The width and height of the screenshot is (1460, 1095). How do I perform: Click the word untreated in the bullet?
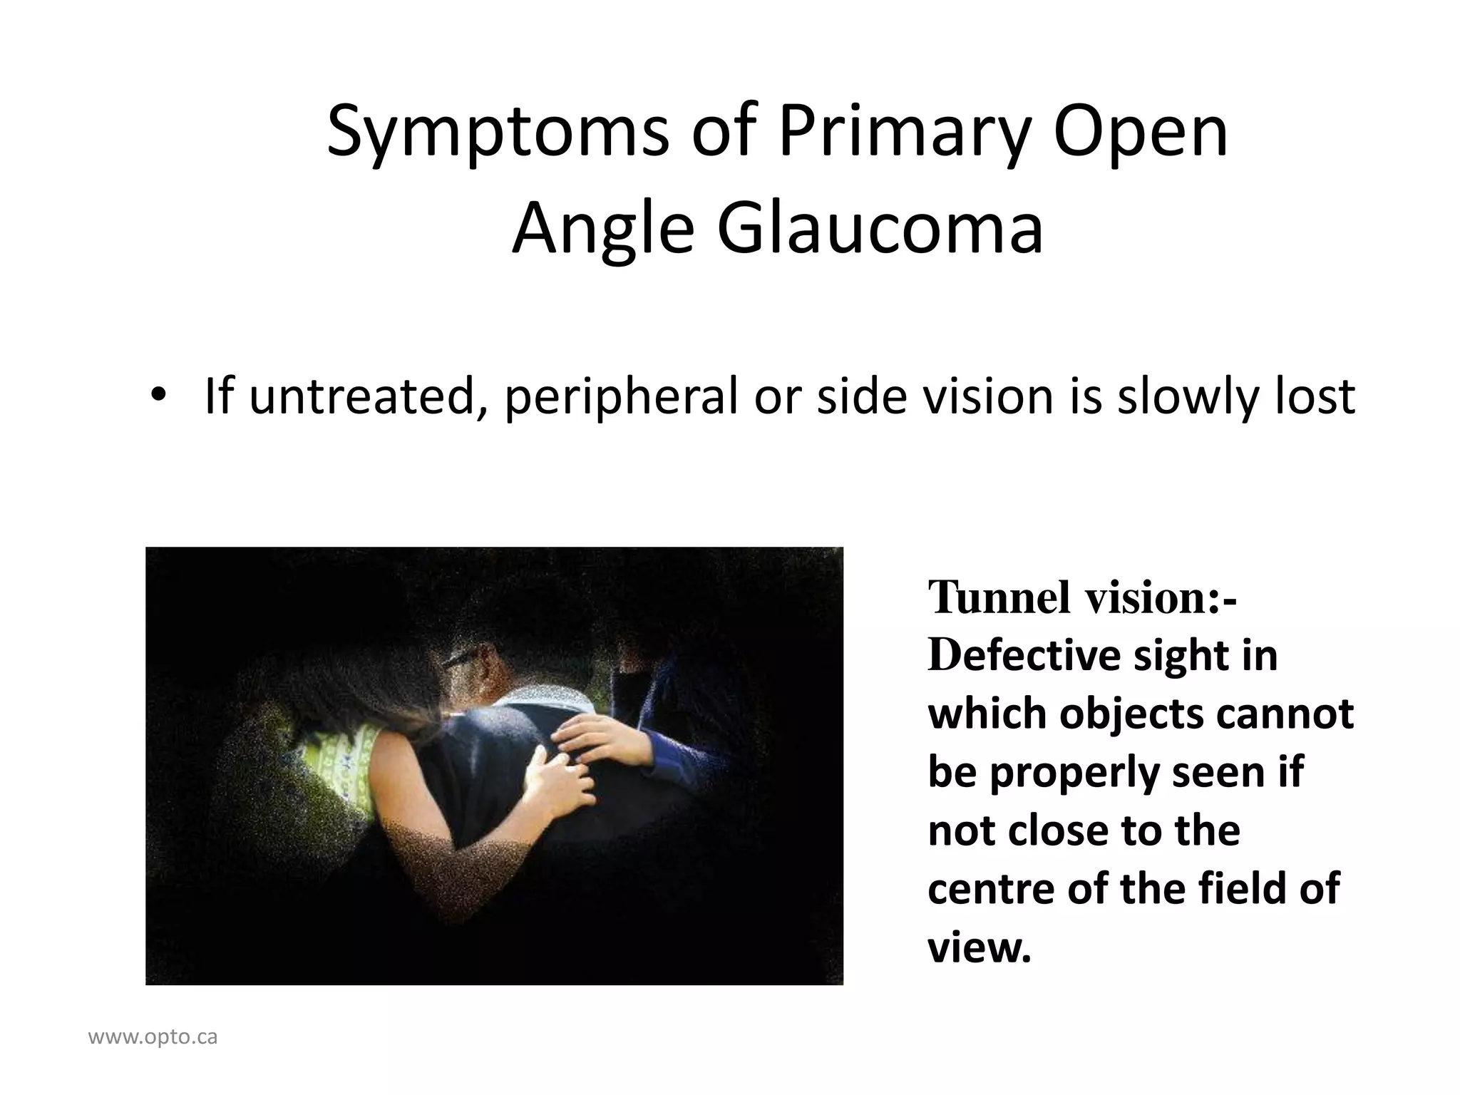click(x=364, y=397)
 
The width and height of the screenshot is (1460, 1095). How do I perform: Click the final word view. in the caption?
click(x=980, y=947)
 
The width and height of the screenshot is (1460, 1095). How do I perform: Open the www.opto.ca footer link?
click(x=153, y=1037)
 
